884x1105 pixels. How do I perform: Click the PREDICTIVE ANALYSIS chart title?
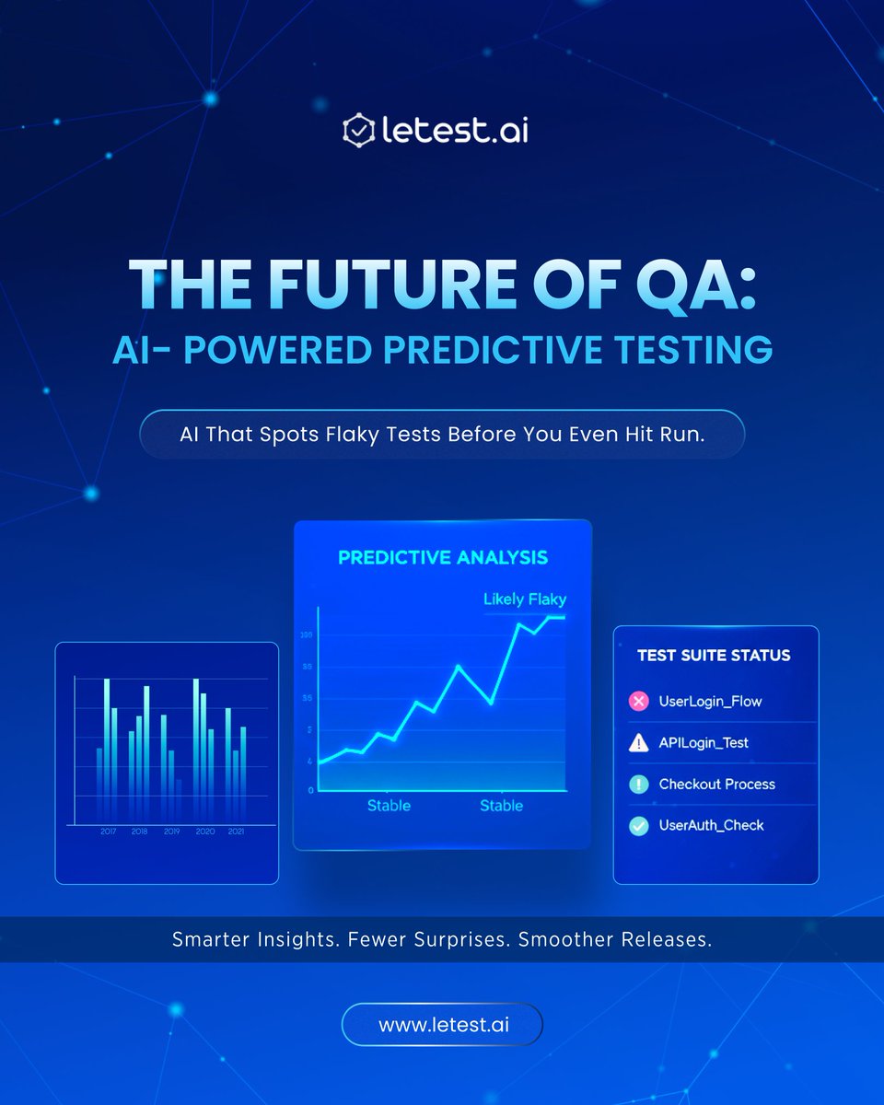pyautogui.click(x=443, y=557)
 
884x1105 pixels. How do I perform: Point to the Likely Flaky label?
pyautogui.click(x=525, y=599)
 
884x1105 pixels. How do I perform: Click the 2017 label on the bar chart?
pyautogui.click(x=108, y=832)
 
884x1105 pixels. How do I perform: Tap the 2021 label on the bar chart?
pyautogui.click(x=236, y=832)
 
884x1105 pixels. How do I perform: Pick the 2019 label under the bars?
pyautogui.click(x=171, y=832)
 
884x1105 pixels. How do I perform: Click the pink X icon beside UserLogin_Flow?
pyautogui.click(x=638, y=702)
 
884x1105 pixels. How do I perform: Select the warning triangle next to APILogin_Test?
pyautogui.click(x=638, y=743)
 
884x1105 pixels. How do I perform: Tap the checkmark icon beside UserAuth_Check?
pyautogui.click(x=638, y=826)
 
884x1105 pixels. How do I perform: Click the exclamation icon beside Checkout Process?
pyautogui.click(x=638, y=785)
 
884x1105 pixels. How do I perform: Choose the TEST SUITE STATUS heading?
pyautogui.click(x=714, y=656)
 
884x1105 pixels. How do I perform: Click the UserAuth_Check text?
pyautogui.click(x=712, y=826)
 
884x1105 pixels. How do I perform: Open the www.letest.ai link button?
pyautogui.click(x=442, y=1024)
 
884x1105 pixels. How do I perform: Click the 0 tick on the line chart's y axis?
pyautogui.click(x=310, y=790)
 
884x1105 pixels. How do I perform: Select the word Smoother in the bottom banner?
pyautogui.click(x=565, y=940)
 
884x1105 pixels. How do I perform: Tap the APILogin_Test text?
pyautogui.click(x=704, y=743)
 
